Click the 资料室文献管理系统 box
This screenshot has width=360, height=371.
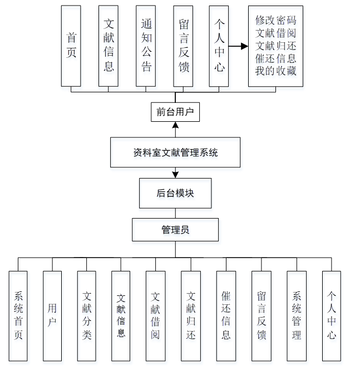[175, 152]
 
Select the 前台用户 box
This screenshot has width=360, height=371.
[175, 112]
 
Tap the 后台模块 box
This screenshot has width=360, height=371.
[175, 194]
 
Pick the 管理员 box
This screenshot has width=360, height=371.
[175, 229]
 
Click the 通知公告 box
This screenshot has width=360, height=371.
[146, 46]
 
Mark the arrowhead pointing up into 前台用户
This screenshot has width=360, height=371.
[175, 125]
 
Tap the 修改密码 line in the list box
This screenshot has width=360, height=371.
[275, 20]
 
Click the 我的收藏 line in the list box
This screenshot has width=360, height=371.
[275, 71]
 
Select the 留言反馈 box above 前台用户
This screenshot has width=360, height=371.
[183, 46]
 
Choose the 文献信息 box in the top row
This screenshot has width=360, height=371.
[109, 46]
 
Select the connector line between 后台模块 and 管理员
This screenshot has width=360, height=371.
[175, 212]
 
